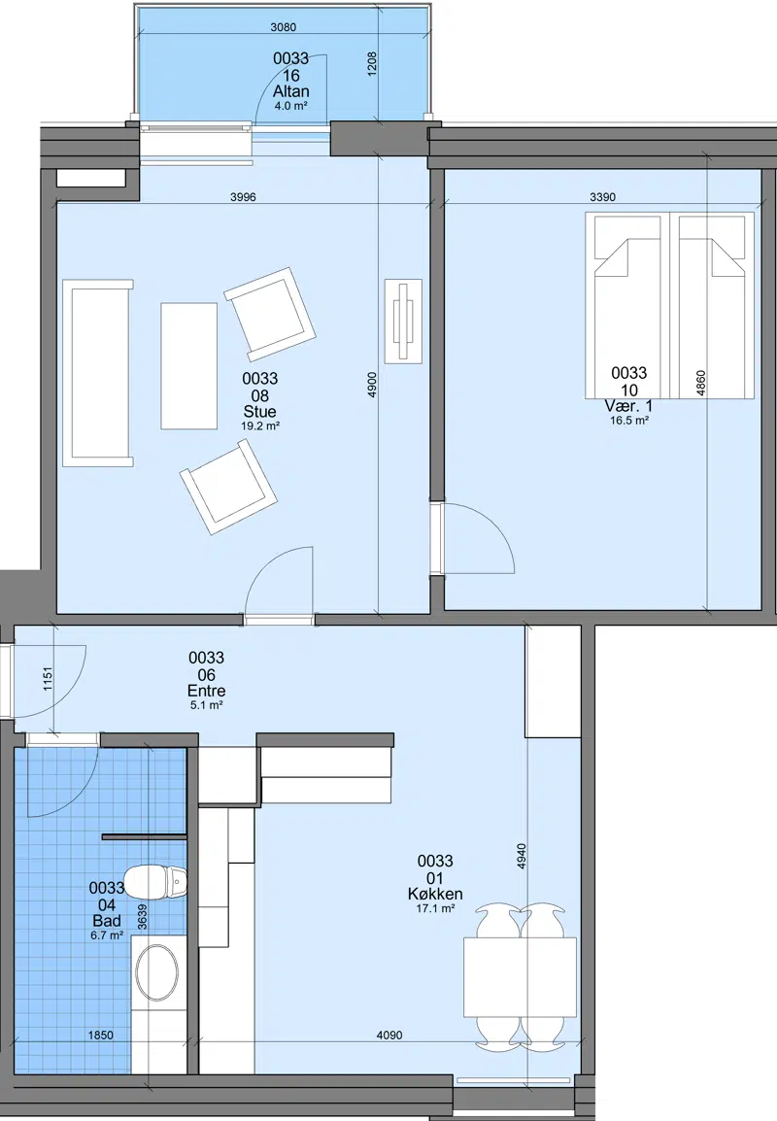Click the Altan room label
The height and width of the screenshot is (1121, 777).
[x=291, y=91]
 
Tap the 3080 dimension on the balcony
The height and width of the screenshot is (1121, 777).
[x=283, y=28]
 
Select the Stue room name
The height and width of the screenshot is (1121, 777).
[x=259, y=412]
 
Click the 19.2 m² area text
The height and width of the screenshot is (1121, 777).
[x=259, y=426]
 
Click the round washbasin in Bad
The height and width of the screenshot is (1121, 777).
[x=156, y=973]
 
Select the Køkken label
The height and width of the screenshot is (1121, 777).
[x=435, y=894]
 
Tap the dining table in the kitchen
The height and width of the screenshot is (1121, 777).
[x=520, y=977]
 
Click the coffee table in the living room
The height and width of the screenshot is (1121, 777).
[x=188, y=365]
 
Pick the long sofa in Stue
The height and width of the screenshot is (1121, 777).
[x=98, y=373]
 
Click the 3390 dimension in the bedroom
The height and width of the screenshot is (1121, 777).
[x=602, y=197]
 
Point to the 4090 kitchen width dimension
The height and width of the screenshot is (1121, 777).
[x=389, y=1035]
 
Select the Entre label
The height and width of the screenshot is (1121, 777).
[x=207, y=691]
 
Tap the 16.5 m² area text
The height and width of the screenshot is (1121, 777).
[x=629, y=421]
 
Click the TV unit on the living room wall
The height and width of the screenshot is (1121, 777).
[x=403, y=322]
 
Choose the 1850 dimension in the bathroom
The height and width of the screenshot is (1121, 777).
[x=100, y=1035]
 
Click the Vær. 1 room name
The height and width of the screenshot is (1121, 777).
[x=629, y=406]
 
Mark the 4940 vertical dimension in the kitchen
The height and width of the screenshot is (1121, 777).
[x=522, y=857]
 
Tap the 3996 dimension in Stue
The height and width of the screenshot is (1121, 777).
[x=243, y=197]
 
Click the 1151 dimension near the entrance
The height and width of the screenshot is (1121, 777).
[x=48, y=678]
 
